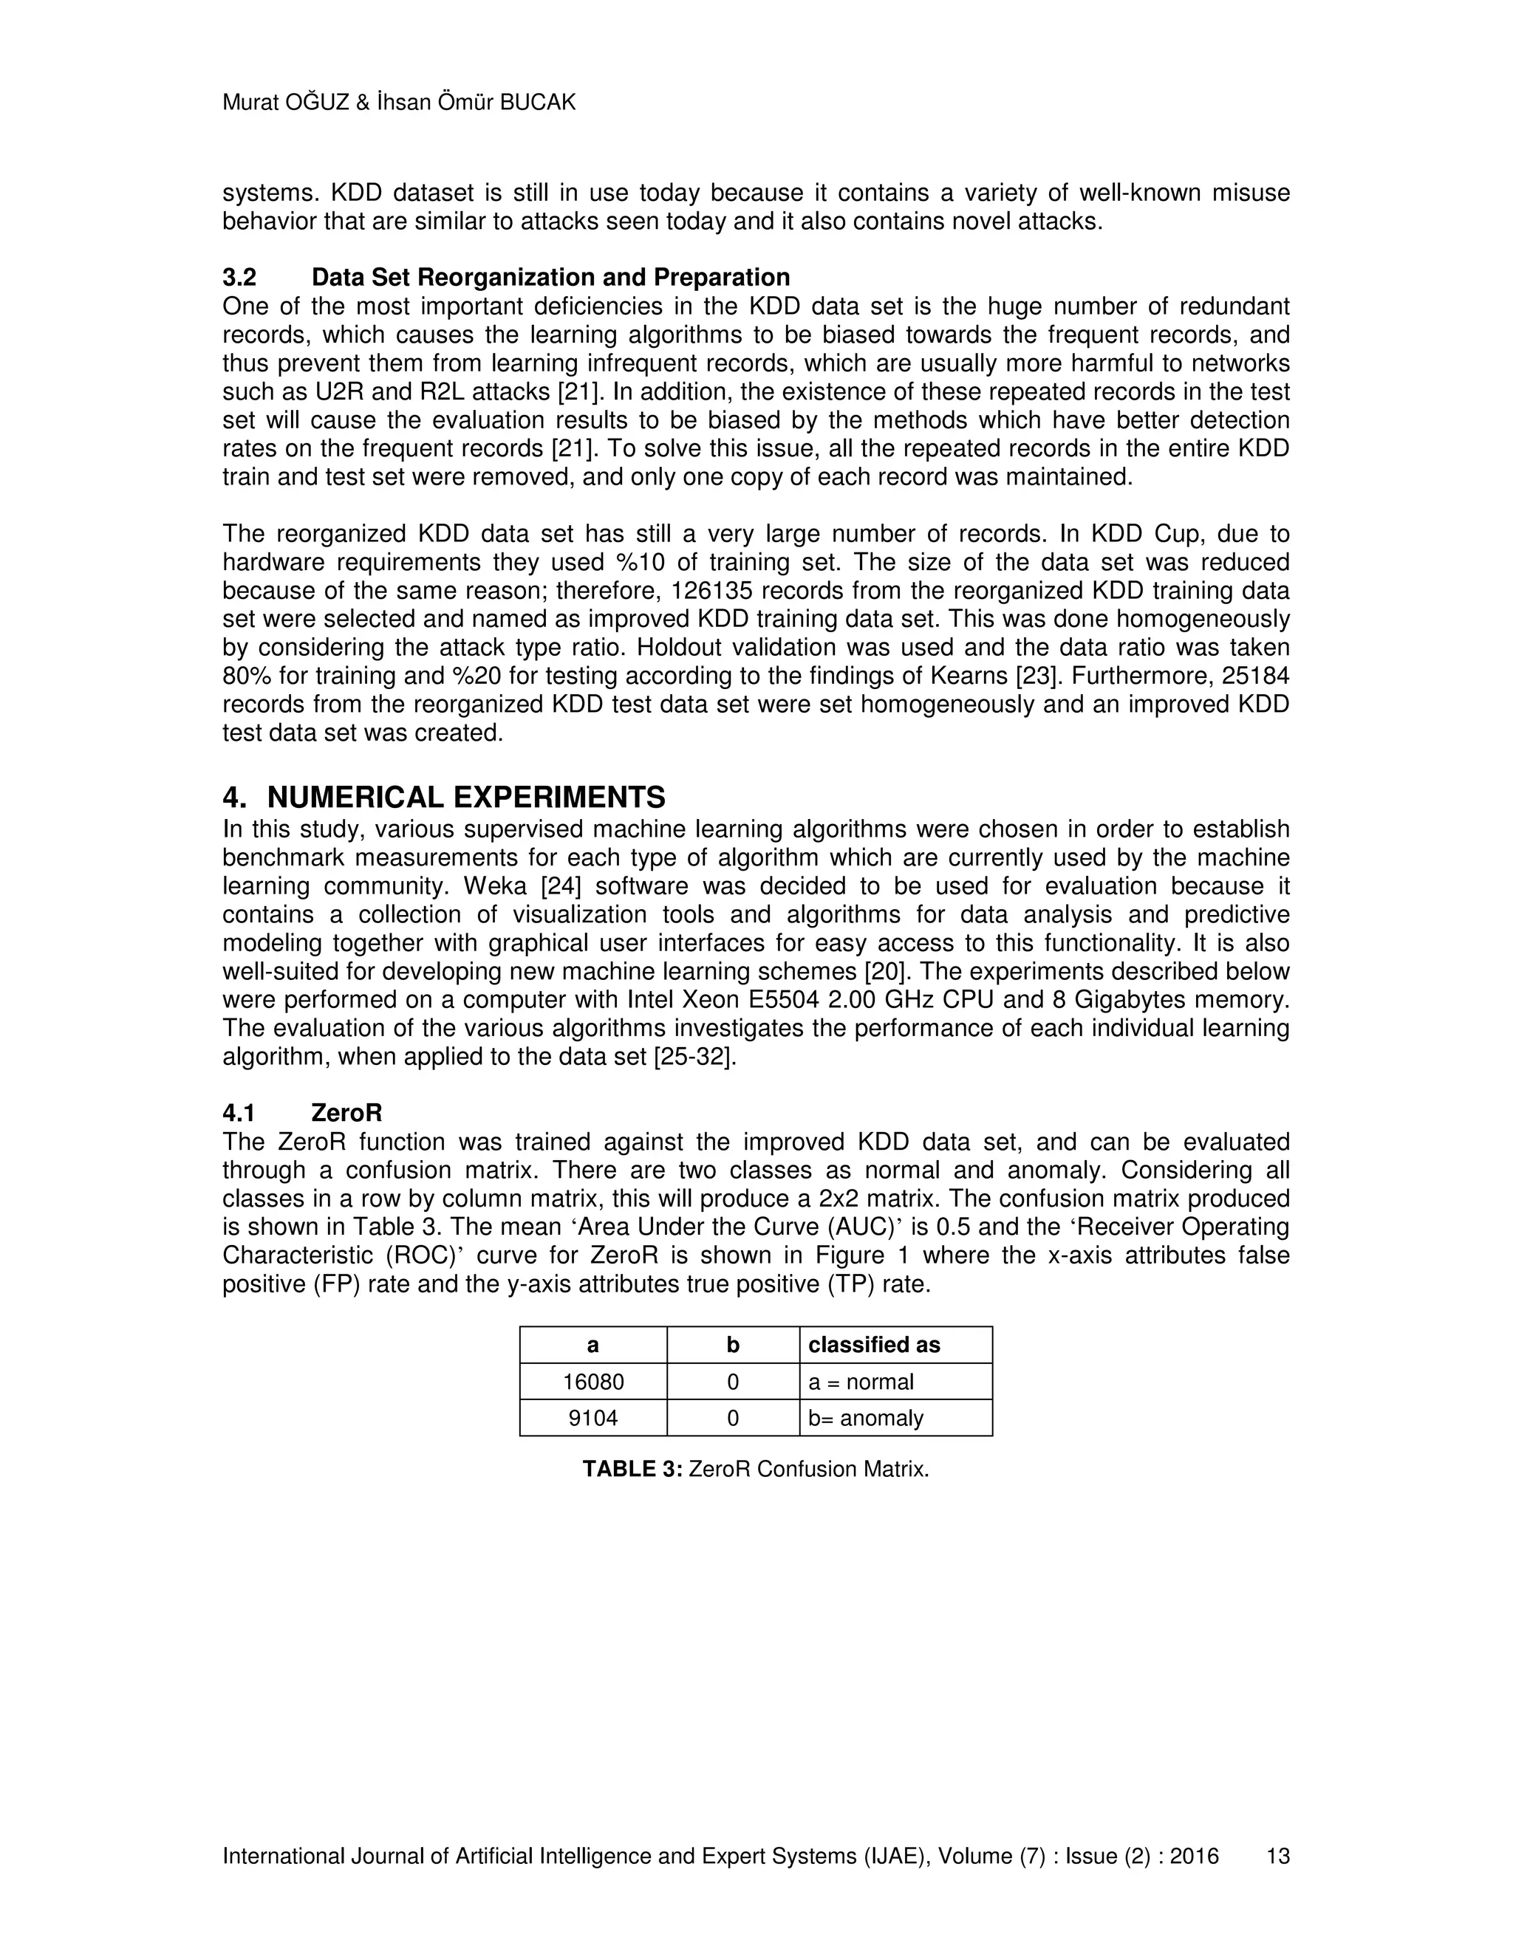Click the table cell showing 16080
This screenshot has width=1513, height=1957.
tap(592, 1382)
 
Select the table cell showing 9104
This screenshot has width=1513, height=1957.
tap(592, 1418)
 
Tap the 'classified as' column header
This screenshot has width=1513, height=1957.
tap(874, 1345)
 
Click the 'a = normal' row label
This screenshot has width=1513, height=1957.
tap(861, 1382)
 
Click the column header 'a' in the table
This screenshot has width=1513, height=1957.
tap(592, 1345)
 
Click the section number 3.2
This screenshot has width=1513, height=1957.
tap(239, 277)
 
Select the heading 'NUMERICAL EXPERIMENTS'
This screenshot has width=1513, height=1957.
tap(466, 797)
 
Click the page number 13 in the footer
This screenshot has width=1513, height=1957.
tap(1277, 1856)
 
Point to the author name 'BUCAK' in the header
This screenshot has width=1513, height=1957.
tap(537, 102)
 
